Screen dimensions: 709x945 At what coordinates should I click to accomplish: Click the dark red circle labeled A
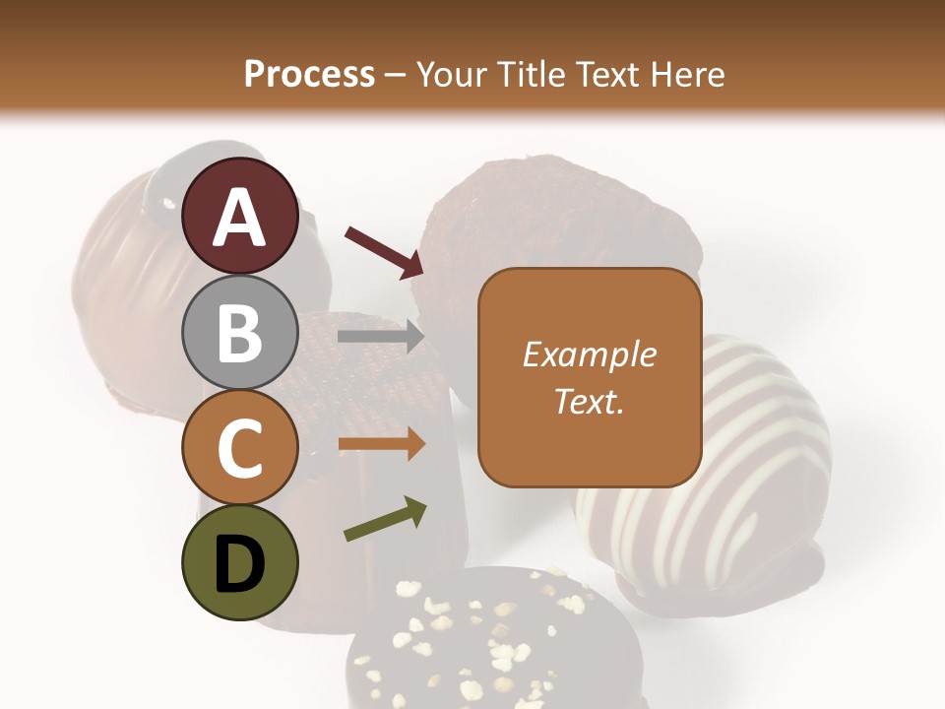tap(239, 217)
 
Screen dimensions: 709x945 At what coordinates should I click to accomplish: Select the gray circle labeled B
tap(239, 332)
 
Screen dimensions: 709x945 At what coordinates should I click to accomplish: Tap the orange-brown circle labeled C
tap(239, 447)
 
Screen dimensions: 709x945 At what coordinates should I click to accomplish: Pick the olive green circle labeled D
tap(239, 562)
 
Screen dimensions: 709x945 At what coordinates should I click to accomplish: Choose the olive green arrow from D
tap(385, 519)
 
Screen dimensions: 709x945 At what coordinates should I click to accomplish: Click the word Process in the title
tap(309, 75)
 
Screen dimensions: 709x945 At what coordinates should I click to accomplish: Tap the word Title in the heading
tap(534, 75)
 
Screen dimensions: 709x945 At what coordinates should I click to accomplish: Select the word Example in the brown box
tap(589, 354)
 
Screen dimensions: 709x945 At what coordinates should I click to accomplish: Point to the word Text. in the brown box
tap(589, 401)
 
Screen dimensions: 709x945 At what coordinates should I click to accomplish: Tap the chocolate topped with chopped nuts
tap(492, 640)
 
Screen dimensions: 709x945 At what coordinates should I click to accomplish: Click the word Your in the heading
tap(452, 75)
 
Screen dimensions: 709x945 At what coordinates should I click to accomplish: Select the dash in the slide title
tap(396, 76)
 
